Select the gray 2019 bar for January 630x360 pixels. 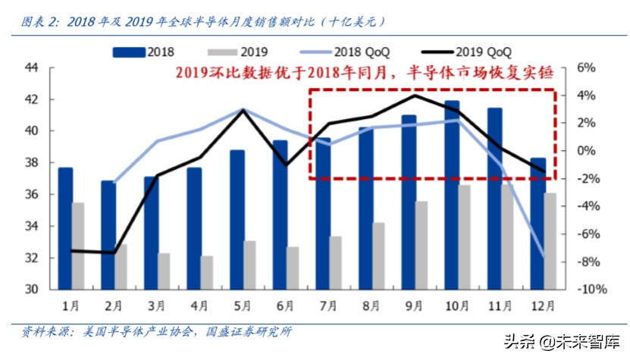[79, 246]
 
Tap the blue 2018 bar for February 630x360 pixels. [108, 235]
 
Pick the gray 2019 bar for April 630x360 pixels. [207, 273]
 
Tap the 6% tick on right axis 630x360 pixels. [588, 67]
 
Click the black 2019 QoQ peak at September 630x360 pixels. [414, 95]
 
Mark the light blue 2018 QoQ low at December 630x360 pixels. [544, 258]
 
